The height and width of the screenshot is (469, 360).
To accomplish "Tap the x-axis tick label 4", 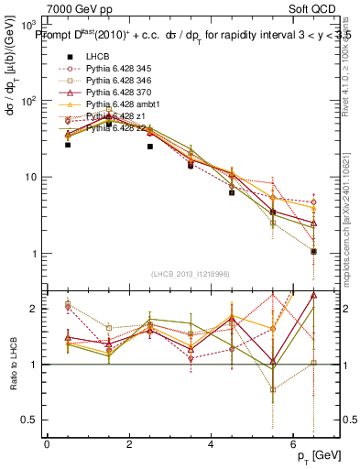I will (x=211, y=444).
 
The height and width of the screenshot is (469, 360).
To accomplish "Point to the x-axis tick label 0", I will (x=47, y=444).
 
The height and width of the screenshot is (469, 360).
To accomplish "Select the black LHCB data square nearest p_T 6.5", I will (x=313, y=251).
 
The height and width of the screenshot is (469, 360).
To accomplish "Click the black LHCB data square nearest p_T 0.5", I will (x=68, y=145).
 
